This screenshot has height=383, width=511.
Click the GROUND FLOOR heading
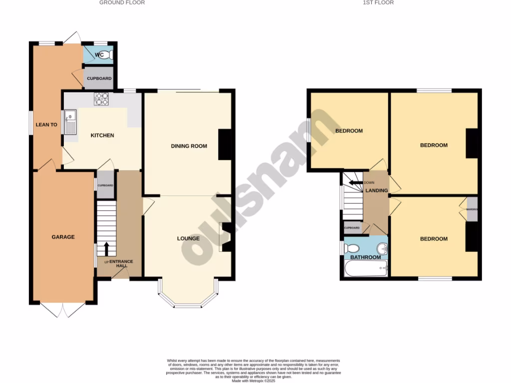point(122,3)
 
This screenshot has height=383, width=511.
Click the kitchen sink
point(70,122)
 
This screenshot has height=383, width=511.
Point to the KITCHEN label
point(102,135)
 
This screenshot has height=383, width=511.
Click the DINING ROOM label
point(189,146)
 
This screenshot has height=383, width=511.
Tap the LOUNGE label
point(188,238)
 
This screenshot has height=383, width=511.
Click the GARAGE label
point(63,237)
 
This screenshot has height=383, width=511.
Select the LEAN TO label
point(46,125)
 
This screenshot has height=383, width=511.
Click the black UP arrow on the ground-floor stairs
point(106,248)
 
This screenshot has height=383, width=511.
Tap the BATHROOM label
point(365,257)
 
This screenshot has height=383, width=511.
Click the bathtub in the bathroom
point(366,269)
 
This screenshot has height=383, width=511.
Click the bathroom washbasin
point(382,248)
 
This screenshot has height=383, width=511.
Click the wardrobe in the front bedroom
point(472,209)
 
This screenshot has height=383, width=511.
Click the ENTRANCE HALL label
point(118,264)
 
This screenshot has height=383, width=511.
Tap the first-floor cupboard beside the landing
point(352,228)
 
